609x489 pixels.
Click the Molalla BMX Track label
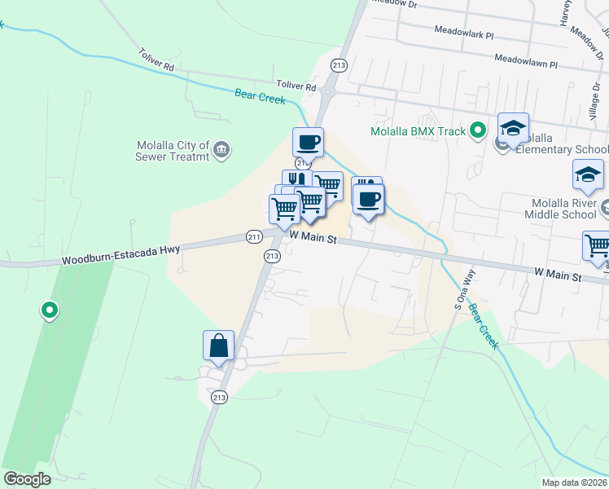click(418, 131)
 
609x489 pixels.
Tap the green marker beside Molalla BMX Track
click(479, 130)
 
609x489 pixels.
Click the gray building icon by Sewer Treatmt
click(221, 150)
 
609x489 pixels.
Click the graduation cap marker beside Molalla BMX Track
click(514, 129)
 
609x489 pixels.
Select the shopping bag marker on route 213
click(219, 346)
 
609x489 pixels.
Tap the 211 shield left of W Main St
click(254, 237)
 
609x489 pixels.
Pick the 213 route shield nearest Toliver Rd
click(340, 65)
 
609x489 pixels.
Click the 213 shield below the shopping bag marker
click(218, 397)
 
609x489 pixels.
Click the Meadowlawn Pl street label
click(526, 61)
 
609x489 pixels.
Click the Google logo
click(27, 479)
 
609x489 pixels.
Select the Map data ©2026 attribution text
click(574, 482)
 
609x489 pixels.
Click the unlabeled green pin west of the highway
click(50, 310)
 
